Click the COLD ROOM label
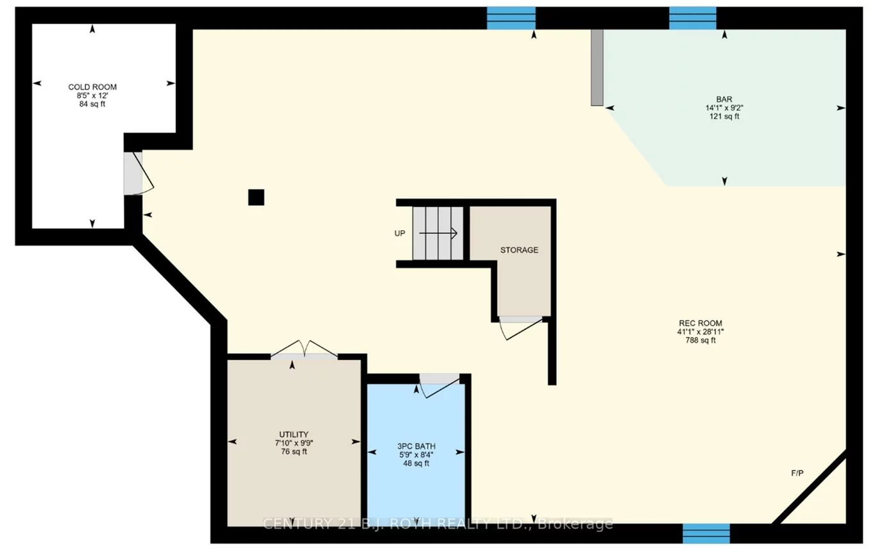tap(92, 87)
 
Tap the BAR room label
tap(724, 99)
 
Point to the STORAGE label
tap(519, 250)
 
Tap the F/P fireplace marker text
tap(797, 474)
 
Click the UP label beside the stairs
tap(400, 233)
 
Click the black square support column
tap(256, 197)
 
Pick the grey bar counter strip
tap(597, 67)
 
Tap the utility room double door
tap(305, 351)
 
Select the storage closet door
tap(521, 326)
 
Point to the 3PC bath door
tap(439, 383)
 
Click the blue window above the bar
tap(693, 18)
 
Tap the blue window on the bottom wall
tap(706, 533)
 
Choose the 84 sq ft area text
tap(92, 104)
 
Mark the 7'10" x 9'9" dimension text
tap(294, 442)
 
